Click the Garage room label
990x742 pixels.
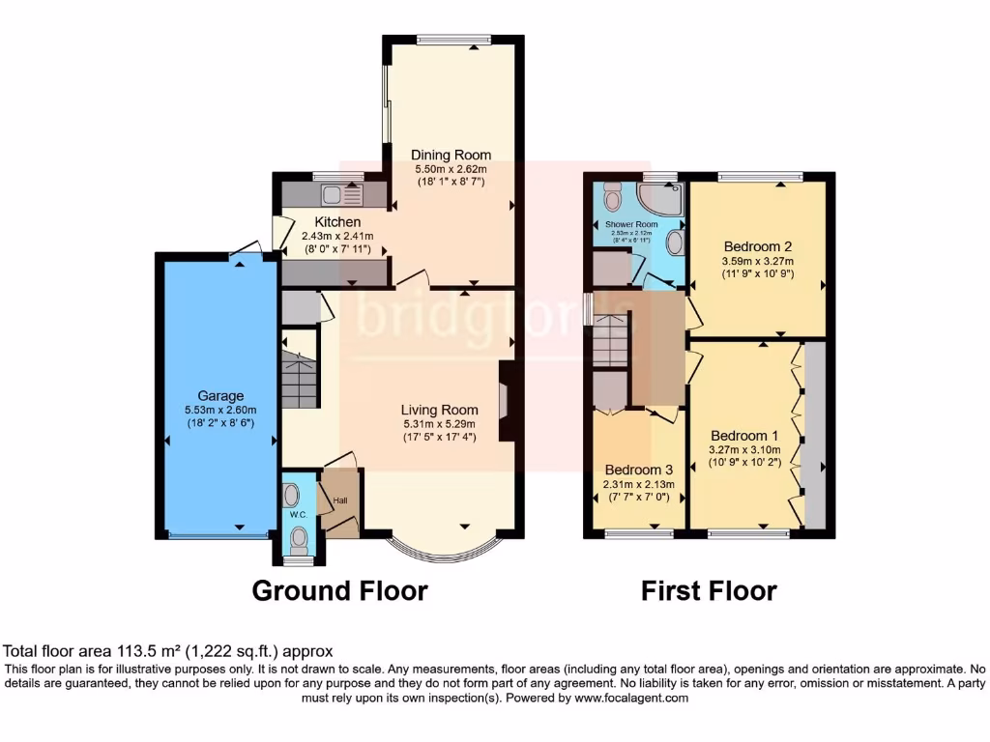(x=220, y=395)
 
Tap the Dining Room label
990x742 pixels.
(x=451, y=155)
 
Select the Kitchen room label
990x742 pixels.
(x=331, y=223)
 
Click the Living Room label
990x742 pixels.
(x=440, y=409)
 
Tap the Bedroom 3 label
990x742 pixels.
(x=638, y=471)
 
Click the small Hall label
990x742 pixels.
(x=340, y=500)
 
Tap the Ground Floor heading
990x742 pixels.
(x=339, y=590)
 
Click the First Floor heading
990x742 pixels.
(x=709, y=590)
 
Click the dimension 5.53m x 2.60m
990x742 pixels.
(x=220, y=410)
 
